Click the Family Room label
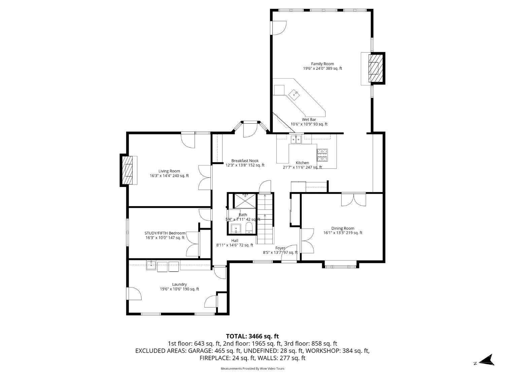click(x=322, y=64)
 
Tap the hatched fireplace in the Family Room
click(x=376, y=68)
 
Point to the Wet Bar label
click(x=309, y=120)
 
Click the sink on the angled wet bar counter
click(x=294, y=94)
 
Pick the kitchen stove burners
click(x=322, y=155)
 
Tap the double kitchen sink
click(x=296, y=139)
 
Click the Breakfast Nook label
click(x=245, y=161)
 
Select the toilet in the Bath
click(x=249, y=228)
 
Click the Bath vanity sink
click(x=236, y=228)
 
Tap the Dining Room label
click(x=343, y=228)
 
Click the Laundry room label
click(x=179, y=284)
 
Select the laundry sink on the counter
click(x=151, y=265)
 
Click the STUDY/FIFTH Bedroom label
click(x=165, y=233)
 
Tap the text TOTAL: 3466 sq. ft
click(x=252, y=336)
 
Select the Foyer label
click(x=280, y=248)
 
